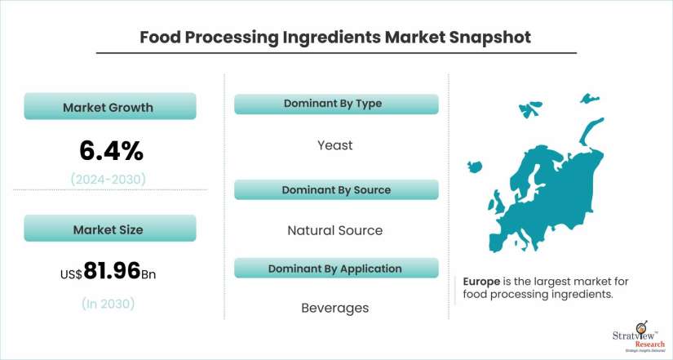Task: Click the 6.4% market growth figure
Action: point(111,151)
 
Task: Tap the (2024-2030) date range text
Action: point(108,179)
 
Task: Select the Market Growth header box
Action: point(110,106)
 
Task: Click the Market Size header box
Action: point(110,228)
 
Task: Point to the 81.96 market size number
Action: point(112,271)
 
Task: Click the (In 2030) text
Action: point(108,304)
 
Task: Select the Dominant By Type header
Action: point(336,104)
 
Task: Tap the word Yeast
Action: point(334,145)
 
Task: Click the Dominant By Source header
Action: point(336,190)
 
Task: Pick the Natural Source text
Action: point(334,231)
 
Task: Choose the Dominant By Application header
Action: point(336,269)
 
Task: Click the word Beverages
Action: point(334,308)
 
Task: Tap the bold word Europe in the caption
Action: point(481,282)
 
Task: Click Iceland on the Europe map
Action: point(475,167)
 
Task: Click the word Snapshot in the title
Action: point(489,38)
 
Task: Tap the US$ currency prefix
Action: point(71,274)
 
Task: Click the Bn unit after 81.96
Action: point(148,274)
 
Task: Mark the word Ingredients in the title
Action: point(331,38)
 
